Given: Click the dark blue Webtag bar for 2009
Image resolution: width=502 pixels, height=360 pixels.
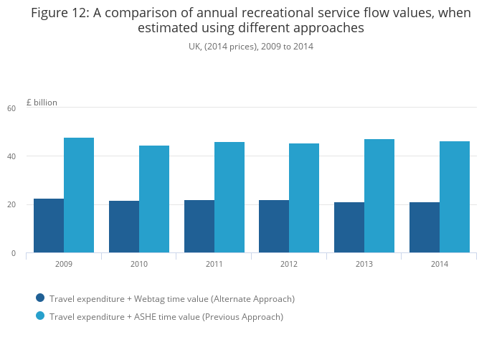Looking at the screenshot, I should (x=49, y=225).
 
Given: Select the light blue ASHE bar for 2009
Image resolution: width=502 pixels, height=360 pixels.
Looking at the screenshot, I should (x=79, y=195).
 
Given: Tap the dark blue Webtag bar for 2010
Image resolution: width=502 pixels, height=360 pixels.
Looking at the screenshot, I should (x=124, y=227).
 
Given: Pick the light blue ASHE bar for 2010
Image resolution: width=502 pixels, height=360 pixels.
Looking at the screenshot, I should (x=154, y=199).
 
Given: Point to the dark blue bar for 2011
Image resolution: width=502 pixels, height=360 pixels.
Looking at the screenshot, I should (x=199, y=226).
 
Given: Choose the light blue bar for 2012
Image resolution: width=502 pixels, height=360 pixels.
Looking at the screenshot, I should (x=304, y=198).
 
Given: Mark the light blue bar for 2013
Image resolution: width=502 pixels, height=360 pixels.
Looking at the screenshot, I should (x=379, y=196).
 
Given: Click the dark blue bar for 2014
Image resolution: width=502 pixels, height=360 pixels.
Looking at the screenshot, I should (x=425, y=227).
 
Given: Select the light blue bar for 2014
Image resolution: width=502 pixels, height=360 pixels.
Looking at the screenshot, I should (x=455, y=196).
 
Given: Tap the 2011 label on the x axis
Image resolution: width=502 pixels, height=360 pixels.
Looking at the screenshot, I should (x=214, y=264).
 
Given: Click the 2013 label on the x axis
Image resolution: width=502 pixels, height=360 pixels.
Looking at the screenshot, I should (x=364, y=264).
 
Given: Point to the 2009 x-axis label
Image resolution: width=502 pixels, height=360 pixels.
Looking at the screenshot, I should (x=64, y=264).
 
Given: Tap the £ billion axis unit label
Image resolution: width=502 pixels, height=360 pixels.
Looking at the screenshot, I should (x=42, y=103).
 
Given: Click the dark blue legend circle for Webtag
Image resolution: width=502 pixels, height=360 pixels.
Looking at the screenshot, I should (x=40, y=298).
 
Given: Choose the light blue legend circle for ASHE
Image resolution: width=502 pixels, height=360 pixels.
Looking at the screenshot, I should (x=40, y=316).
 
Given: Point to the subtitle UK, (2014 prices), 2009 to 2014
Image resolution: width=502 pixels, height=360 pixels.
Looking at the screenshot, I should (x=251, y=47).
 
